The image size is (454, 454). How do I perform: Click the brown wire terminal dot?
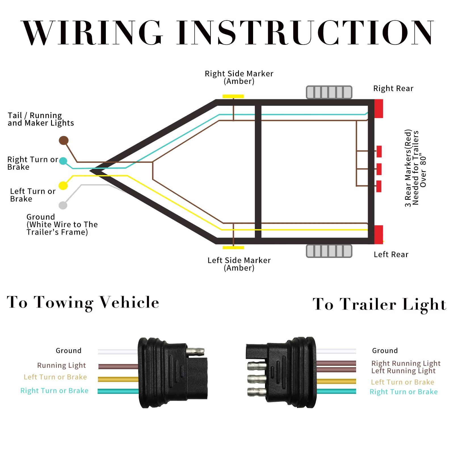tap(64, 140)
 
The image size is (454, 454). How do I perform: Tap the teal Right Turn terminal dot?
tap(63, 161)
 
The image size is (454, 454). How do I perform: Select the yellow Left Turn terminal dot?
tap(63, 186)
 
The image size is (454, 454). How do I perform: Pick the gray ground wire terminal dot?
tap(63, 205)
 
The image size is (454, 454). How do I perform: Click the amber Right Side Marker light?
tap(233, 96)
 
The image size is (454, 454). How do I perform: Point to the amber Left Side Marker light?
tap(233, 248)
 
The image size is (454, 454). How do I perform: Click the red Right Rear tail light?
tap(379, 109)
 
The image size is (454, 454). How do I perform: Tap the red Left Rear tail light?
tap(379, 235)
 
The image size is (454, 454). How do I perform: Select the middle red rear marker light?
tap(379, 169)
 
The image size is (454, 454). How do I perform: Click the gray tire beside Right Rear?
tap(329, 92)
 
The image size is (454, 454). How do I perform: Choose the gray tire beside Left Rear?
tap(329, 251)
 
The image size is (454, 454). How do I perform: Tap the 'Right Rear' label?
tap(393, 89)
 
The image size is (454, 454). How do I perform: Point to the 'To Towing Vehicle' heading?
tap(83, 302)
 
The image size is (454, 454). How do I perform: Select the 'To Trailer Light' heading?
tap(379, 304)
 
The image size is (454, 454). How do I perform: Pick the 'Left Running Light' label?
tap(403, 371)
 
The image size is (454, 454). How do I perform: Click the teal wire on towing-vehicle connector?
tap(118, 391)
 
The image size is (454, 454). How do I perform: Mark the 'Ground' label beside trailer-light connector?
tap(385, 351)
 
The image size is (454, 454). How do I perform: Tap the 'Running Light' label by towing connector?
tap(61, 365)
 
